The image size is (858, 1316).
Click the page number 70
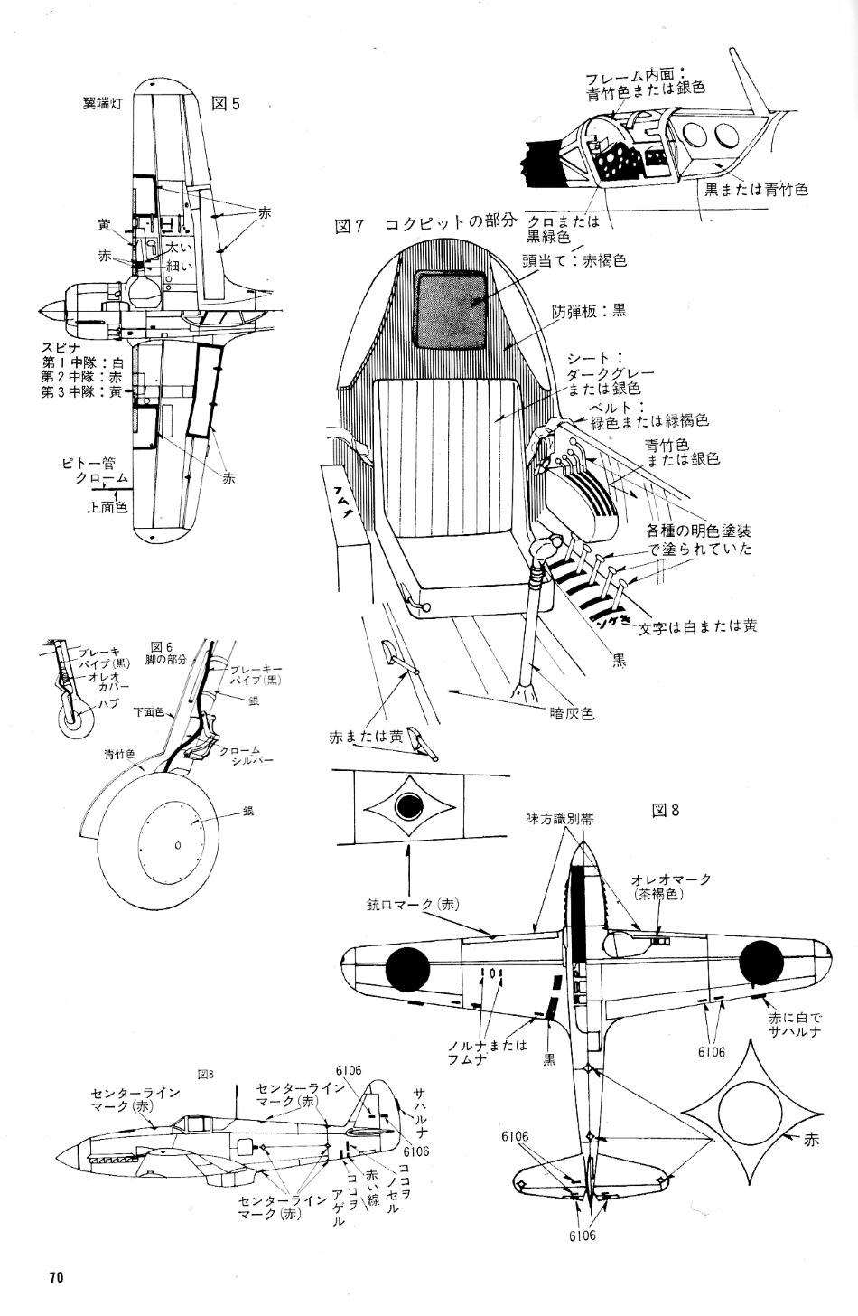(x=56, y=1277)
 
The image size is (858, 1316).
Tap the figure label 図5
(x=225, y=103)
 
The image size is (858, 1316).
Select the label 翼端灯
(x=102, y=103)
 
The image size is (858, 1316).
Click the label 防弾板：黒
(x=589, y=310)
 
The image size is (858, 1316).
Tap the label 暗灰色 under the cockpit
(x=572, y=713)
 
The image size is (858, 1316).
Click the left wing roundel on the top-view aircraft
(x=408, y=969)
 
